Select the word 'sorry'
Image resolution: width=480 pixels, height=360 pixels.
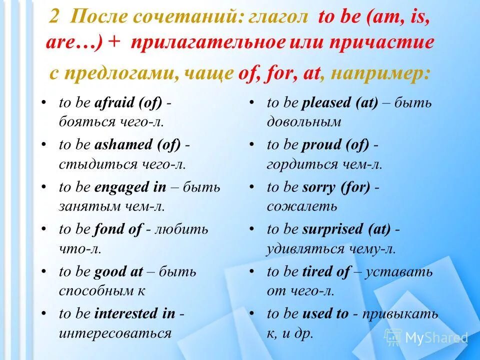pyautogui.click(x=318, y=187)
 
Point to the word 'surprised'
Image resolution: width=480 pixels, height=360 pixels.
pyautogui.click(x=332, y=229)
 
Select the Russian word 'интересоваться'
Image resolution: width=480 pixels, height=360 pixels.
pyautogui.click(x=115, y=332)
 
